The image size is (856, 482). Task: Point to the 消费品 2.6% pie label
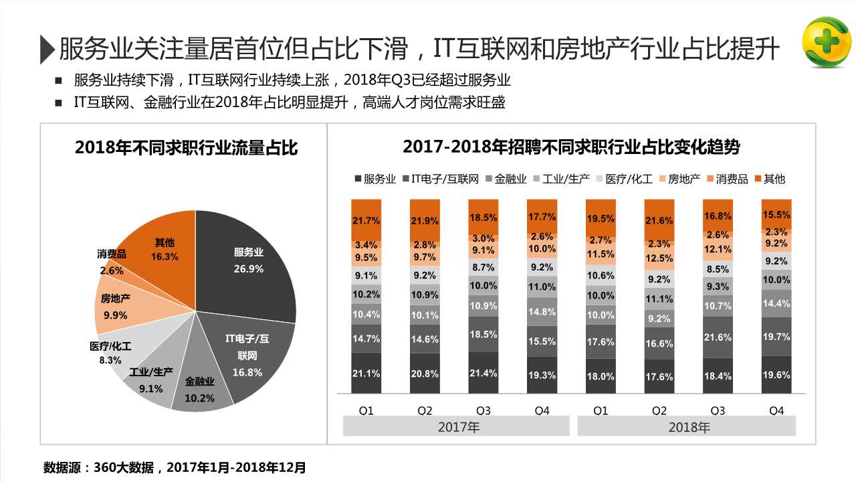111,262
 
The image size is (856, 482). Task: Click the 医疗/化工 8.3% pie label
110,352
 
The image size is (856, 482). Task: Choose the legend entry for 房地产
679,179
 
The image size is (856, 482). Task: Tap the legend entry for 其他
770,179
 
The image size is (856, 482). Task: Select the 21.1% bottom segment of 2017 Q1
366,373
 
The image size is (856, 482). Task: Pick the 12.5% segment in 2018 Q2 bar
659,258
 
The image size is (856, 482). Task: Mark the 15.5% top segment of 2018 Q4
776,214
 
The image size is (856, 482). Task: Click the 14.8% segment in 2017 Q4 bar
542,311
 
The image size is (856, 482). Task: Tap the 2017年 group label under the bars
459,426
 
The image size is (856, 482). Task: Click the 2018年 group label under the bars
689,426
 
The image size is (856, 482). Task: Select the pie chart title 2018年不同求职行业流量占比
187,147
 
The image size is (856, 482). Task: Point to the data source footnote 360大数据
175,467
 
